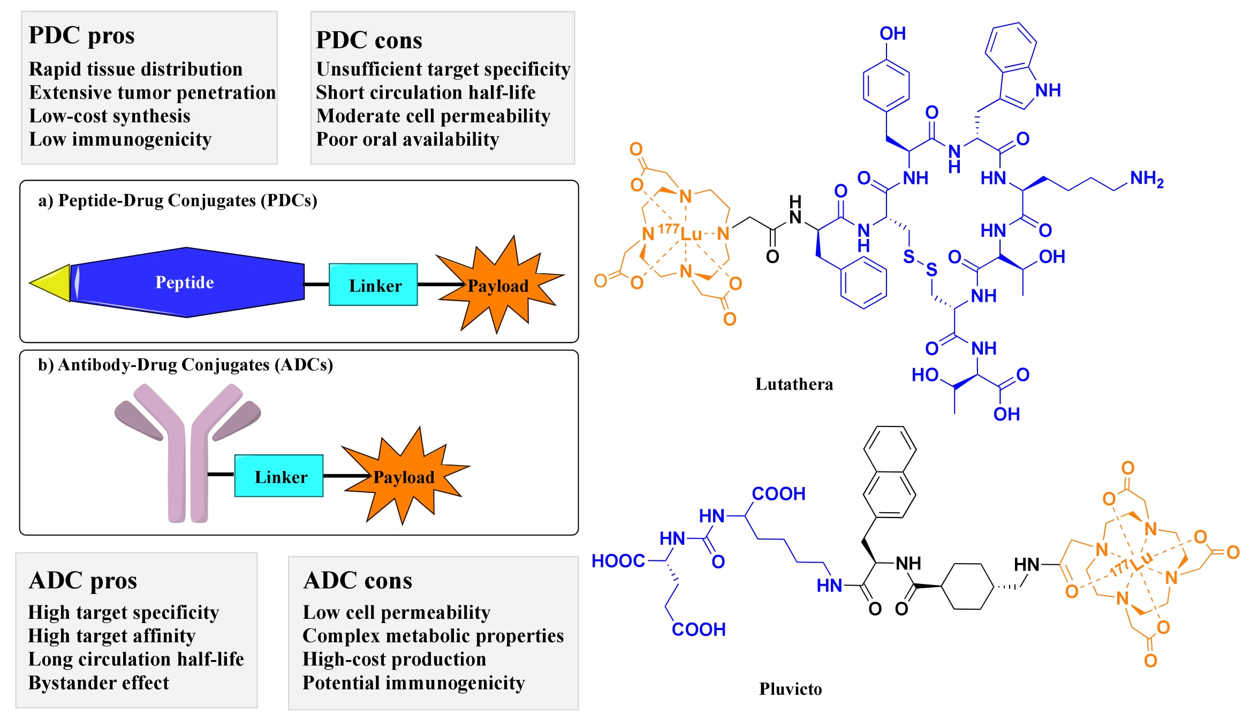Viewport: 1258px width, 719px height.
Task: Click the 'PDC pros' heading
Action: point(81,36)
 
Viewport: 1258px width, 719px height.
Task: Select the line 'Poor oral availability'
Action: point(407,139)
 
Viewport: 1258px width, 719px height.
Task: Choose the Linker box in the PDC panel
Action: point(373,285)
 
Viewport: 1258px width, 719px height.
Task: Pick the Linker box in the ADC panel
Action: point(279,476)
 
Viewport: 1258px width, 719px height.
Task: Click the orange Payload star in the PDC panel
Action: point(498,285)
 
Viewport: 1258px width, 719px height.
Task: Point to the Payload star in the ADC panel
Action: point(404,476)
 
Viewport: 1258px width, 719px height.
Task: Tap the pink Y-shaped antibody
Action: point(187,455)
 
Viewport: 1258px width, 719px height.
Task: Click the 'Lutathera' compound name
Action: point(794,384)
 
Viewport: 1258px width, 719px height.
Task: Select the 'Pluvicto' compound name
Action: point(790,689)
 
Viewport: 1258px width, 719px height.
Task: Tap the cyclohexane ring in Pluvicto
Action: point(968,586)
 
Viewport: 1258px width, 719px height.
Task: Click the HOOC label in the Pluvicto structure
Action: point(618,561)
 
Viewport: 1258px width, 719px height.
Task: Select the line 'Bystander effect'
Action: point(98,683)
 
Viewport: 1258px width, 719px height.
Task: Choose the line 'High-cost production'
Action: point(394,660)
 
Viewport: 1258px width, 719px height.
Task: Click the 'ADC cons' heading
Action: point(358,581)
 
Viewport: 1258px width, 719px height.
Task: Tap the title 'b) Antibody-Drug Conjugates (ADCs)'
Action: point(185,365)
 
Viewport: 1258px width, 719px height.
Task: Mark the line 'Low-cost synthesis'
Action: point(110,116)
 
